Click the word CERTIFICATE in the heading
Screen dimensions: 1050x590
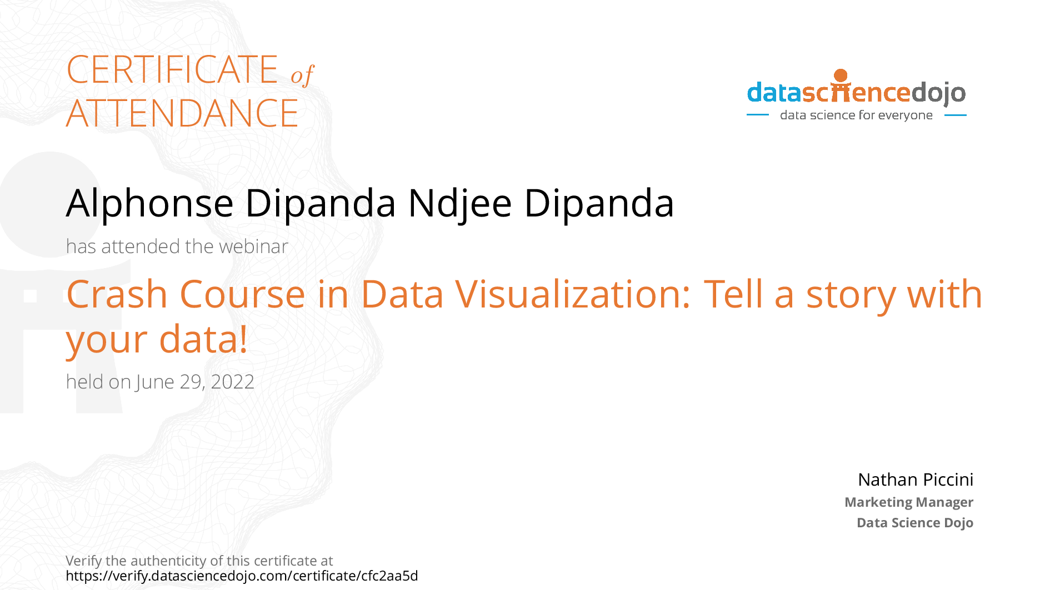tap(172, 70)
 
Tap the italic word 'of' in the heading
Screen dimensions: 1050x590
tap(302, 75)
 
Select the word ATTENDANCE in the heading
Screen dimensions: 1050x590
tap(182, 113)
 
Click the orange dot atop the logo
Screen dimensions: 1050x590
tap(841, 75)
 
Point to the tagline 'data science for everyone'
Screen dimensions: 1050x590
tap(856, 115)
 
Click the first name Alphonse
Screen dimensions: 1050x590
tap(149, 204)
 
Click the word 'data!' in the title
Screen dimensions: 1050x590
tap(203, 339)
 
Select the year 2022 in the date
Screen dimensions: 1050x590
tap(232, 382)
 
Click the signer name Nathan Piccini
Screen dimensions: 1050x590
tap(916, 480)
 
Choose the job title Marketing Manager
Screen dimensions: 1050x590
tap(909, 502)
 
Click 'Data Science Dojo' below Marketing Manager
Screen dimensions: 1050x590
tap(915, 523)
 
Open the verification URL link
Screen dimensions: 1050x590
tap(242, 576)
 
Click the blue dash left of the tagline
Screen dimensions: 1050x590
tap(757, 115)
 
